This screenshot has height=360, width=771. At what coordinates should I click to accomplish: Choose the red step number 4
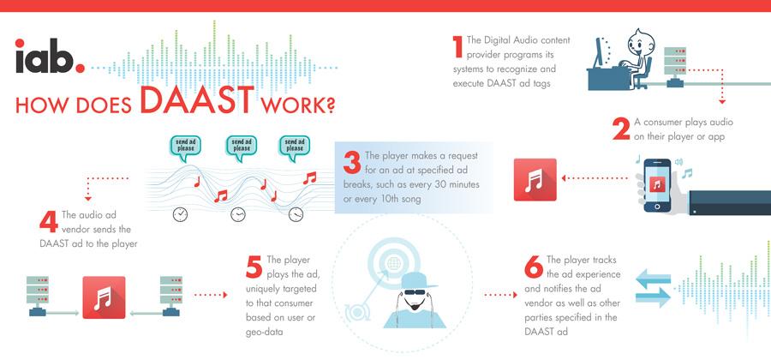coord(48,220)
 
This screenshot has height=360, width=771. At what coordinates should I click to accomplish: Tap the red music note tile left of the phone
coord(535,180)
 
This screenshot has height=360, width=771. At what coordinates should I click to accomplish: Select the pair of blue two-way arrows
coord(654,287)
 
